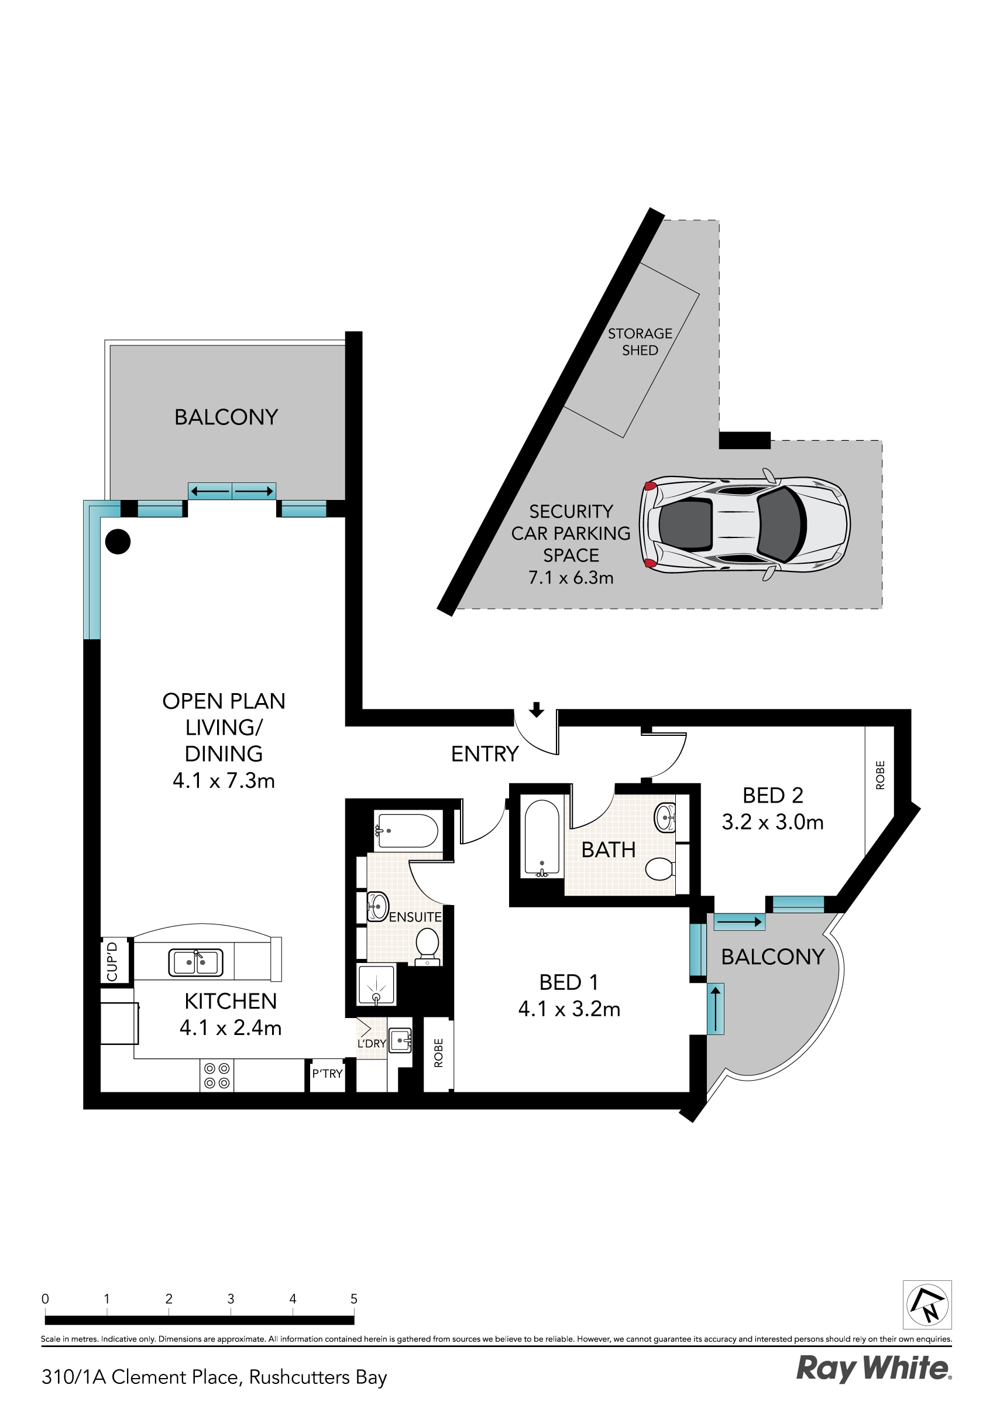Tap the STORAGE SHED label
(x=640, y=341)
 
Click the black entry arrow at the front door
(x=536, y=709)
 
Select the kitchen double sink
(x=196, y=962)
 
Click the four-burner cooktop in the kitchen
(x=217, y=1076)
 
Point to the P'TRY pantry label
(x=327, y=1073)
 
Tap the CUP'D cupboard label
(x=112, y=961)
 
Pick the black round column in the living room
(x=118, y=542)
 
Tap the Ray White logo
(x=873, y=1369)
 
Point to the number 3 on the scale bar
(x=231, y=1298)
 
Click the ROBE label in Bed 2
(x=880, y=775)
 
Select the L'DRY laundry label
(x=372, y=1043)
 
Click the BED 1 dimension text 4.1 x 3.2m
(x=569, y=1009)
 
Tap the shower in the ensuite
(x=376, y=985)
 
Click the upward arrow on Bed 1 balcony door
(x=714, y=1009)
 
